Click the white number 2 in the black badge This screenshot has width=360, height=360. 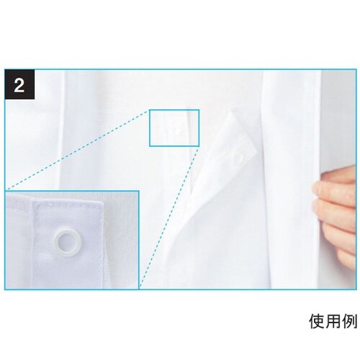19,85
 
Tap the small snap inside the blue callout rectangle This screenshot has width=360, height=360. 177,131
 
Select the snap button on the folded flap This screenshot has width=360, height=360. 237,157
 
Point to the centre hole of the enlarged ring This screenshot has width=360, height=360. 68,243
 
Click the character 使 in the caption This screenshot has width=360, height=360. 318,321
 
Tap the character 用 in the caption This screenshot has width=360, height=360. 333,321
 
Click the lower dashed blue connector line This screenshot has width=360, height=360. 169,217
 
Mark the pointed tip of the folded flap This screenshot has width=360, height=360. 231,112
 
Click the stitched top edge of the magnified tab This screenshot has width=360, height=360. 68,203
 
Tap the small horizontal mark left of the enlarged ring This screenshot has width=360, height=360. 45,253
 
